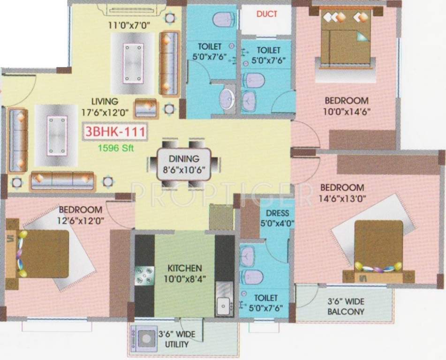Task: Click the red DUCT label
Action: (266, 14)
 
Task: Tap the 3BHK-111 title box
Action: (114, 132)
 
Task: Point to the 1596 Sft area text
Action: (115, 147)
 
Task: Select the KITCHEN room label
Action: (185, 268)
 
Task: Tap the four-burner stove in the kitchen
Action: (144, 276)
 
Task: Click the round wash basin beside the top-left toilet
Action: (228, 98)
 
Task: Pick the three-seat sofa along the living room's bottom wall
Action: (63, 181)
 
